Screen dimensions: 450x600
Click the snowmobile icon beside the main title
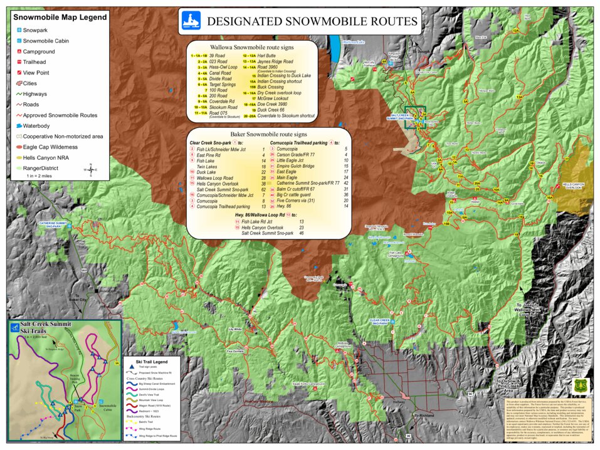(x=191, y=21)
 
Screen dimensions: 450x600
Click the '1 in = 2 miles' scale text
(x=43, y=176)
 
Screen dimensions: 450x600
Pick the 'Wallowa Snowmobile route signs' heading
(x=253, y=47)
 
